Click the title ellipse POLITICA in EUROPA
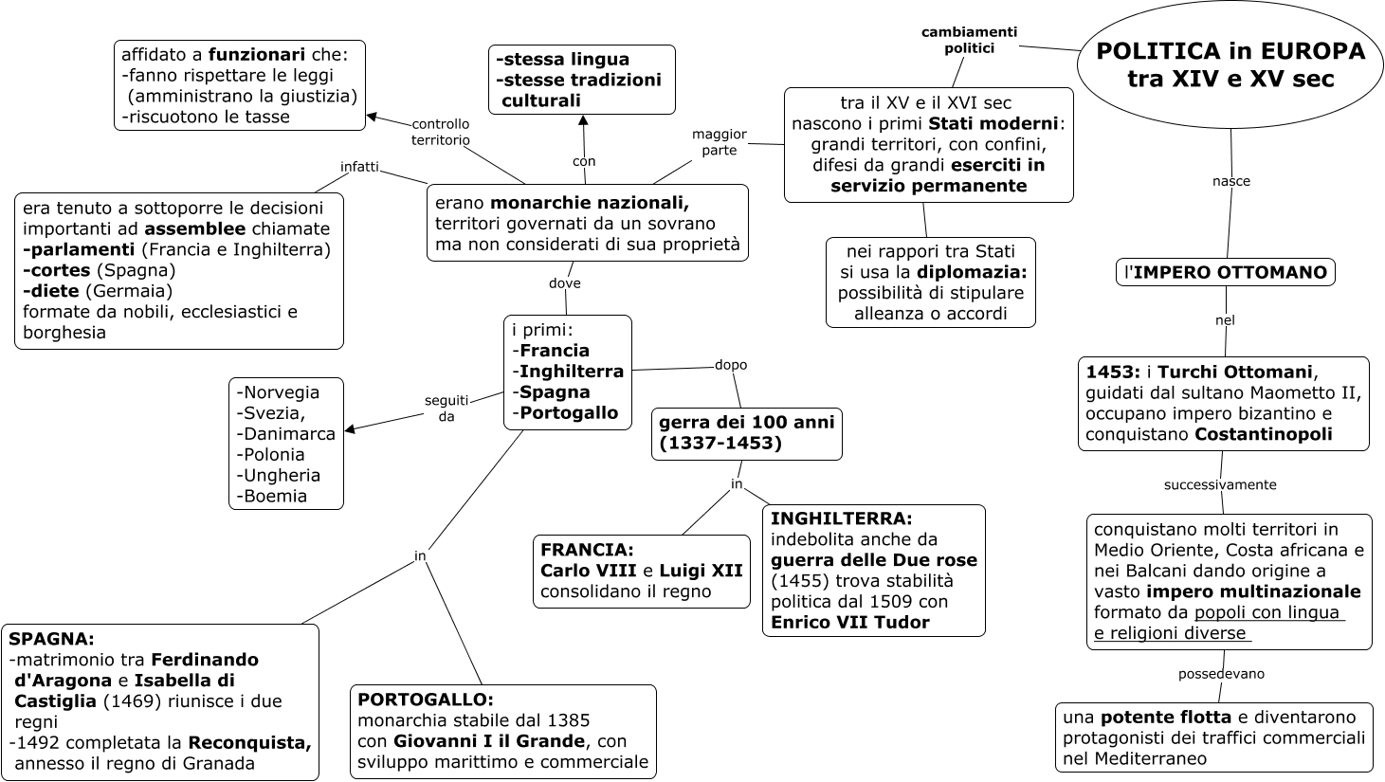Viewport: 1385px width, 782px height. coord(1230,65)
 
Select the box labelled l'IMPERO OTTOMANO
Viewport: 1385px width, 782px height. coord(1225,273)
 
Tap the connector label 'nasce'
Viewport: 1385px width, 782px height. coord(1231,181)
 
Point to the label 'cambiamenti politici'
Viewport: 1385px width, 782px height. coord(969,40)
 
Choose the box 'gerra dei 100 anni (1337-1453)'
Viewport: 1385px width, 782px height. coord(746,433)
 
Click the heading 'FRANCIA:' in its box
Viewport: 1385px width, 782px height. coord(587,550)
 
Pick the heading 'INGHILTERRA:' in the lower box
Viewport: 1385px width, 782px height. coord(841,518)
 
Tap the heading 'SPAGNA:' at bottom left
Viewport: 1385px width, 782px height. coord(51,639)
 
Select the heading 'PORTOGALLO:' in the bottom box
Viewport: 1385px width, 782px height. coord(426,700)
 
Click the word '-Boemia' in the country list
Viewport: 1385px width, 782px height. coord(272,496)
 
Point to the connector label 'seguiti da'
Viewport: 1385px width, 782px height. coord(446,408)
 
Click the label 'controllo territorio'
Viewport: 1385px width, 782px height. coord(440,132)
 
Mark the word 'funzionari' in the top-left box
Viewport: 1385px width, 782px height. coord(256,54)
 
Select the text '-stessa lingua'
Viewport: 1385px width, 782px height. coord(562,60)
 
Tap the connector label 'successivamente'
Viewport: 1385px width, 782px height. coord(1220,484)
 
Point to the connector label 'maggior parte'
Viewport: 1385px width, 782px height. coord(720,142)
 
